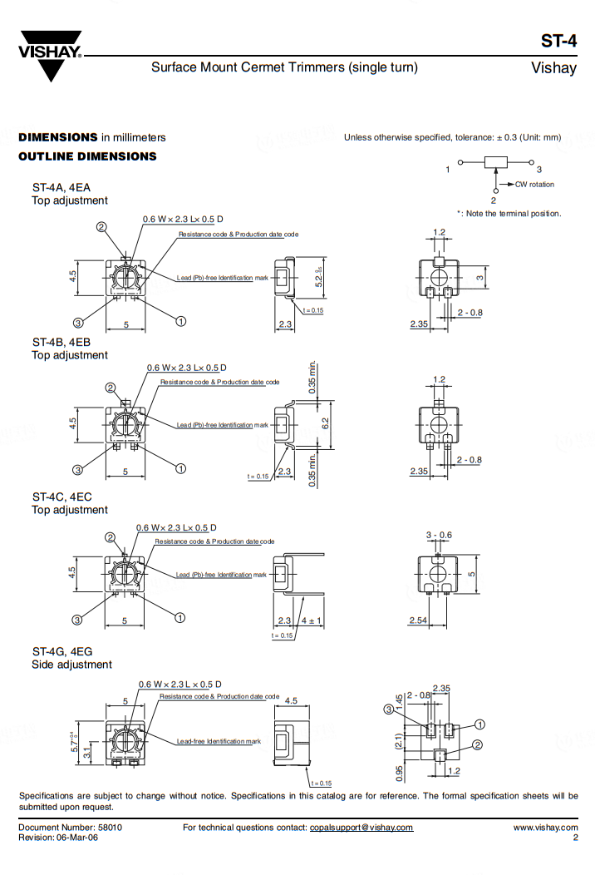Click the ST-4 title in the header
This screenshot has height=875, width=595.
(x=558, y=42)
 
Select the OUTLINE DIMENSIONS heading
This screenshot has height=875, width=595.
(x=87, y=156)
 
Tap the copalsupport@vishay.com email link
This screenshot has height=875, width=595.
(x=361, y=827)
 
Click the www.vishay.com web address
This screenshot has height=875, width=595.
(x=545, y=827)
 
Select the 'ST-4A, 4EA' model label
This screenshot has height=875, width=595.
(x=62, y=188)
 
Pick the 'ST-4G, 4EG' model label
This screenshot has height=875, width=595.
(x=62, y=651)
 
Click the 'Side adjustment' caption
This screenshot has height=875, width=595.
(x=71, y=665)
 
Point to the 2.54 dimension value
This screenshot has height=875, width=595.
(x=419, y=620)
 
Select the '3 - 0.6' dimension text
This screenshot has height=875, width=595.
(x=439, y=535)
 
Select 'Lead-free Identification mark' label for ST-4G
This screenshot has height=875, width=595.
(x=218, y=741)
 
